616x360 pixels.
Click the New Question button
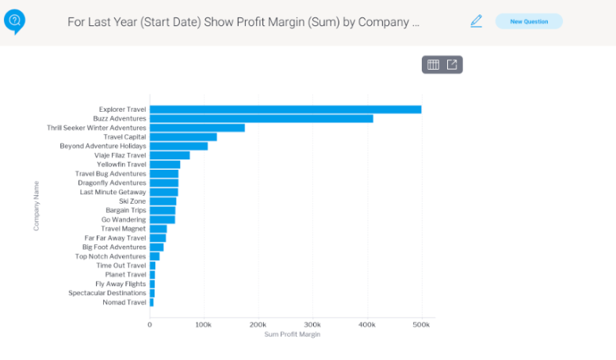coord(529,21)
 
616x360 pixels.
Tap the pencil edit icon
coord(476,21)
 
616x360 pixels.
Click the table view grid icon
coord(433,64)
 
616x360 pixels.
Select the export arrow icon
coord(452,64)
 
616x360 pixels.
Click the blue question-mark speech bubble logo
coord(14,21)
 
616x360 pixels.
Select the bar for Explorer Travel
coord(285,109)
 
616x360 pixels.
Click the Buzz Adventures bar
coord(262,119)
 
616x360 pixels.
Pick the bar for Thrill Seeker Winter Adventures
coord(197,128)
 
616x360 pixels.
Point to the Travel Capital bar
coord(183,136)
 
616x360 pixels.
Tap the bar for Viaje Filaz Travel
coord(170,155)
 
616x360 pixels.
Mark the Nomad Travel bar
coord(151,302)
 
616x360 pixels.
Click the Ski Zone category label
coord(132,201)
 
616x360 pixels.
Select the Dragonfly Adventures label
coord(112,182)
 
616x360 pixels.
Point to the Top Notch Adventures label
coord(110,256)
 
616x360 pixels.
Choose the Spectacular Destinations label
coord(107,293)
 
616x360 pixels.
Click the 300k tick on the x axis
coord(312,324)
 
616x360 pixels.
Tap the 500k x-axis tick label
coord(421,324)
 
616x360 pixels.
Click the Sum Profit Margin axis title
coord(293,335)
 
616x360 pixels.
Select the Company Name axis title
coord(36,206)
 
